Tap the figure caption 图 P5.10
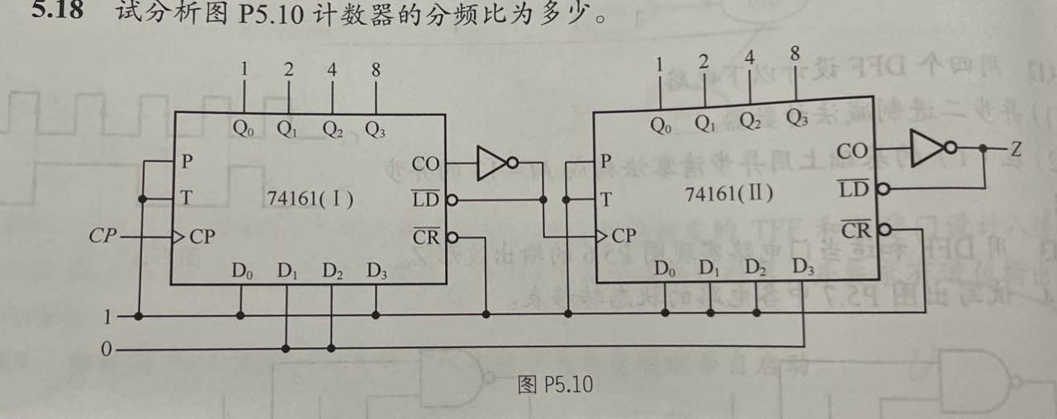tap(555, 384)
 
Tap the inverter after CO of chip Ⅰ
tap(496, 163)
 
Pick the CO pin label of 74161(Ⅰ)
tap(426, 164)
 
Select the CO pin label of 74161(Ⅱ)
tap(852, 151)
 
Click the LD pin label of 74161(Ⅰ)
tap(427, 199)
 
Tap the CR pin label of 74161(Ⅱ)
tap(856, 228)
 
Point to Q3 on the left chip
tap(375, 129)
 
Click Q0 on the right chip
tap(661, 126)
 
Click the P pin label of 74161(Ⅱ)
tap(607, 162)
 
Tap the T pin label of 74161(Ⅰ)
tap(187, 198)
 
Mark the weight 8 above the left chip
tap(376, 70)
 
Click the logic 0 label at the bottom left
tap(106, 350)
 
